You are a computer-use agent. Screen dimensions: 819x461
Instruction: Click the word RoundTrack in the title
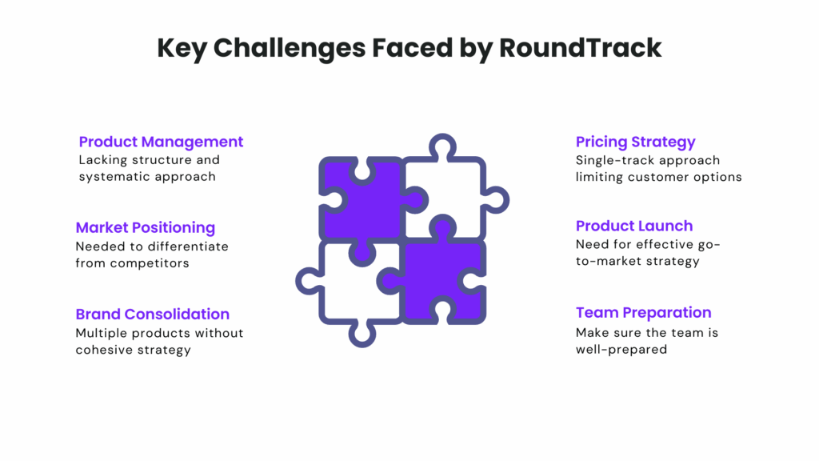[581, 47]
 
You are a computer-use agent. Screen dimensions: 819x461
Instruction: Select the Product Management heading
[161, 142]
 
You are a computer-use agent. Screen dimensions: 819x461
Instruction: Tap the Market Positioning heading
[146, 228]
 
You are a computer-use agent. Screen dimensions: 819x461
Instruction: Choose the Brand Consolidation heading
[153, 314]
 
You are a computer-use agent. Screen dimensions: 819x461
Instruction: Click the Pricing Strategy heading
[636, 142]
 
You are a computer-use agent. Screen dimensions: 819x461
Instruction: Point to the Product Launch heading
[634, 226]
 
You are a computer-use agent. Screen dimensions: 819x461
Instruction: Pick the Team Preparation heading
[644, 313]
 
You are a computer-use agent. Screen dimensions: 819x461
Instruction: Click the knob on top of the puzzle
[442, 146]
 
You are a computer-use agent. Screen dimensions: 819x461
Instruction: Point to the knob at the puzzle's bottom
[362, 335]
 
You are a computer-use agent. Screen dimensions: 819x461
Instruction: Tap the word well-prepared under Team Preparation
[621, 350]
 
